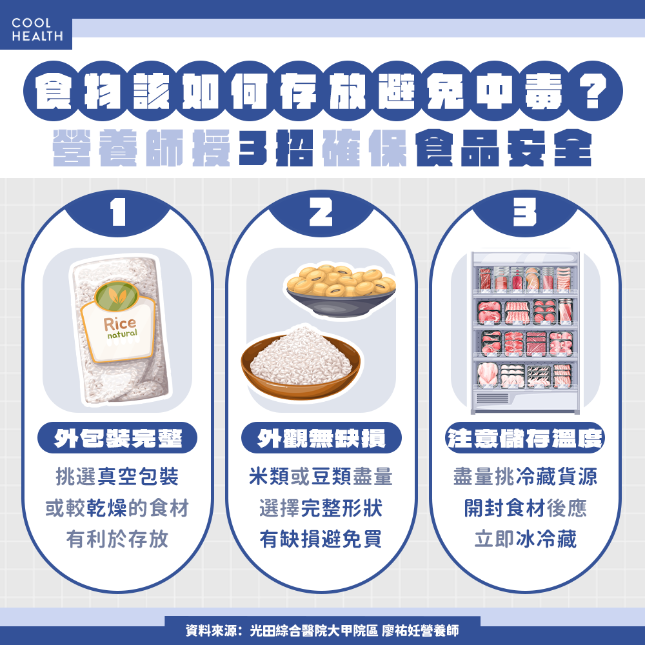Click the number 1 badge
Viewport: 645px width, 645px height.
pyautogui.click(x=117, y=213)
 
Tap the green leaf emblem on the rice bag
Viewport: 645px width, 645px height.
pyautogui.click(x=118, y=297)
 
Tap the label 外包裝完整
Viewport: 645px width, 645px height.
pyautogui.click(x=118, y=439)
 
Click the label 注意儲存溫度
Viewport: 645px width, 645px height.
pyautogui.click(x=525, y=439)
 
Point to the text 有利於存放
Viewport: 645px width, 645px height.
pyautogui.click(x=117, y=539)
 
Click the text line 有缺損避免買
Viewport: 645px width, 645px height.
pyautogui.click(x=321, y=539)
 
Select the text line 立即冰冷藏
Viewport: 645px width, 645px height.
pyautogui.click(x=525, y=539)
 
